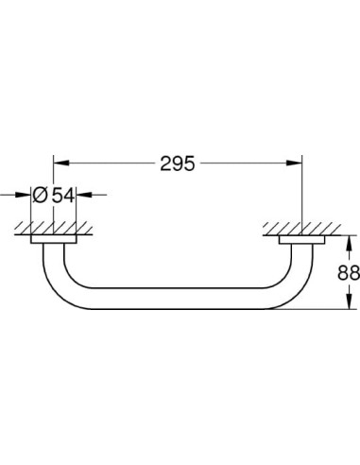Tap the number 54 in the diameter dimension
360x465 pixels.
point(63,196)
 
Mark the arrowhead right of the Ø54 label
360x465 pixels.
point(85,196)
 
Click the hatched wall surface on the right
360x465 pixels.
point(301,229)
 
